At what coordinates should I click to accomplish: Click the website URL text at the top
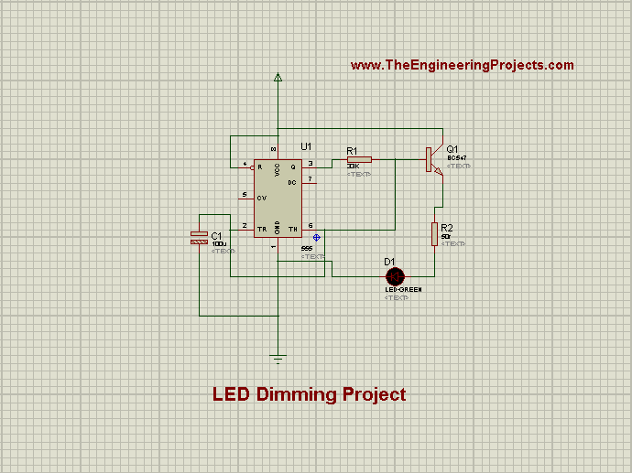462,65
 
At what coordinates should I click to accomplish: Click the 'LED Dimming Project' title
309,395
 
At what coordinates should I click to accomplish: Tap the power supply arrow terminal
278,79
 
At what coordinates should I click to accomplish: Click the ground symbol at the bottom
278,358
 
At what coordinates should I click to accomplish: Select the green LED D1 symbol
396,275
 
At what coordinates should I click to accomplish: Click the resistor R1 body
358,160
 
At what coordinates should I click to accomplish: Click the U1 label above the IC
306,146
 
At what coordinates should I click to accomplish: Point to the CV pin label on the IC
262,197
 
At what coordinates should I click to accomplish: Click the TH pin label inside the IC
294,227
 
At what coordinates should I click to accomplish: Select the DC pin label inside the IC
293,183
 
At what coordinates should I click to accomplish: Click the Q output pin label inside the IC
294,167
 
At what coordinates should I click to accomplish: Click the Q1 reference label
452,148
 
